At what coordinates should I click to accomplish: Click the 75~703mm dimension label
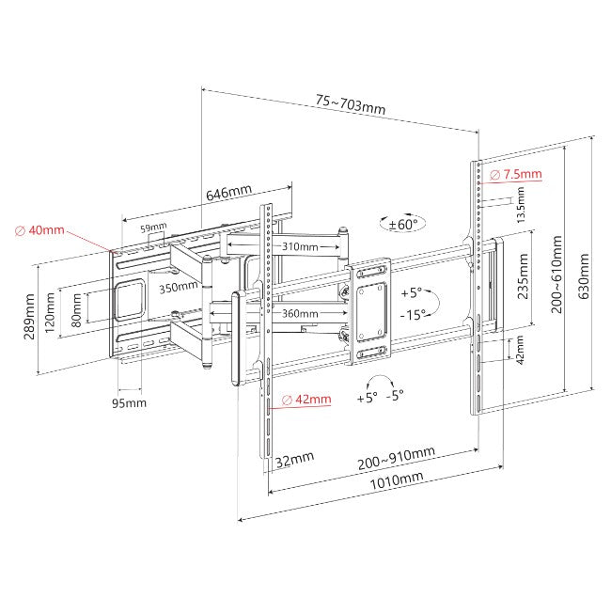[351, 104]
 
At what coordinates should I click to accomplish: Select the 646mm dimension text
[228, 192]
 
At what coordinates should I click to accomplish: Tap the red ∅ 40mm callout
[39, 229]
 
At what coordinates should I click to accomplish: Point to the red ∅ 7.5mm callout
[516, 174]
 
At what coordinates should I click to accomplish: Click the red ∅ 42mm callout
[306, 400]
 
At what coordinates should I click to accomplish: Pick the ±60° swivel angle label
[403, 224]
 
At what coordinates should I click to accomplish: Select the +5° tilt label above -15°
[411, 292]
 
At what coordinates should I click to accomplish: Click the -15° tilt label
[413, 314]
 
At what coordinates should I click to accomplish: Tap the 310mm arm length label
[300, 246]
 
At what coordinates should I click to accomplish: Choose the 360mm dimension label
[300, 313]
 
